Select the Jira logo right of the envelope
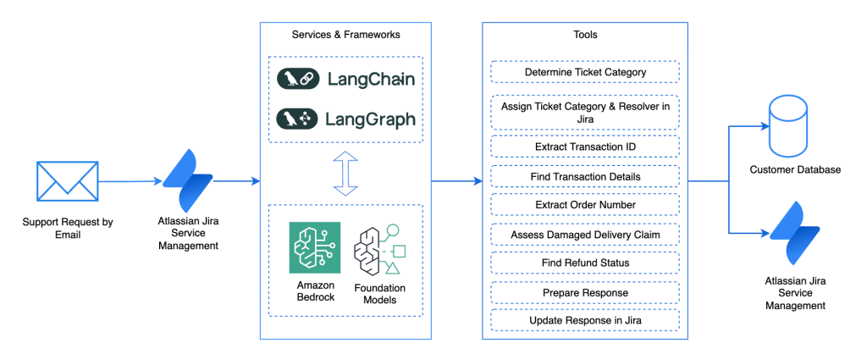tap(186, 181)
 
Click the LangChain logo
tap(345, 79)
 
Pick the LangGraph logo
tap(345, 119)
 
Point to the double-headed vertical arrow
tap(345, 173)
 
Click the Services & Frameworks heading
tap(345, 35)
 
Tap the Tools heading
tap(585, 35)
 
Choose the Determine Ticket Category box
tap(585, 72)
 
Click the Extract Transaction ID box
tap(585, 147)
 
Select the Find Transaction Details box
tap(585, 176)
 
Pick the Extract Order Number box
tap(585, 205)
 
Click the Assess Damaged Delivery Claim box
tap(585, 234)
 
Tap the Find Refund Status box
tap(585, 263)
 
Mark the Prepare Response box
tap(585, 292)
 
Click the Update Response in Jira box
tap(585, 321)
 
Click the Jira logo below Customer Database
tap(794, 234)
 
